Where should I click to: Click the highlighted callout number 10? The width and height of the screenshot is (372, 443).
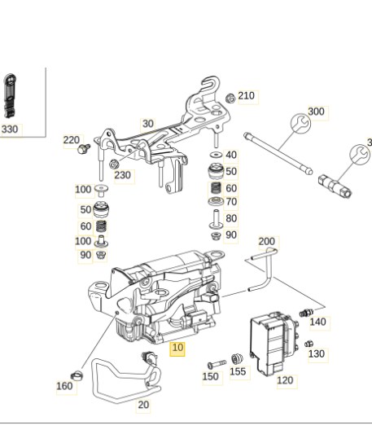177,348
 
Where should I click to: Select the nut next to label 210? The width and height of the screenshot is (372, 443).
230,99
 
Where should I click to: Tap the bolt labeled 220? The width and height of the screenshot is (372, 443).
84,148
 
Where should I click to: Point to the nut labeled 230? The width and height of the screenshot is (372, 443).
113,164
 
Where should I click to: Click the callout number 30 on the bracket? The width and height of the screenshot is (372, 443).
148,124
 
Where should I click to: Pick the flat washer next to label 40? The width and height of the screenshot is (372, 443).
216,155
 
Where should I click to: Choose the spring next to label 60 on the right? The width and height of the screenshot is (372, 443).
216,188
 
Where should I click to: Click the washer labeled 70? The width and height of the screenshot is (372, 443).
216,201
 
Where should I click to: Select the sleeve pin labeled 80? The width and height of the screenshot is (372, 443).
216,219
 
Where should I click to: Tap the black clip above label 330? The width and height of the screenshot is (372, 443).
10,96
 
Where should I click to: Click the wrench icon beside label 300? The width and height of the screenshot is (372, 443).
300,123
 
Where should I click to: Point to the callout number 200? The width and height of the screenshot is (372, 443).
267,242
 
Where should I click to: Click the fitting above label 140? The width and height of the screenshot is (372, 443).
306,313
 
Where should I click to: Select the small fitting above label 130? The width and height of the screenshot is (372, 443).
309,344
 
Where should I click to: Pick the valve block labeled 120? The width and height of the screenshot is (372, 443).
273,344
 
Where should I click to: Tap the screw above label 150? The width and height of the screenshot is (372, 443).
217,364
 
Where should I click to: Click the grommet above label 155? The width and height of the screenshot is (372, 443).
237,359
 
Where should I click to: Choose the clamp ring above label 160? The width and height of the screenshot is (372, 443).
77,375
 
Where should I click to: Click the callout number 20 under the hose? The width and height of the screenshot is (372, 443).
143,405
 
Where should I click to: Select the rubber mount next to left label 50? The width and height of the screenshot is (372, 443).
101,209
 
